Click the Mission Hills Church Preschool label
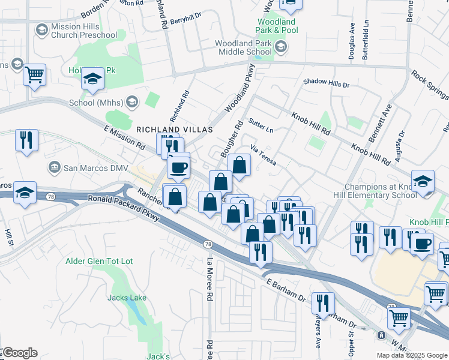pyautogui.click(x=83, y=31)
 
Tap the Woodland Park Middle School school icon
pyautogui.click(x=280, y=46)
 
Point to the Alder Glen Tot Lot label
pyautogui.click(x=99, y=262)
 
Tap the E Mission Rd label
pyautogui.click(x=124, y=138)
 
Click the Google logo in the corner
pyautogui.click(x=19, y=353)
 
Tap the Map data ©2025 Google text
pyautogui.click(x=412, y=355)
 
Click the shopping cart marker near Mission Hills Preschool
pyautogui.click(x=35, y=75)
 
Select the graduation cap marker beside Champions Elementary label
pyautogui.click(x=423, y=182)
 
